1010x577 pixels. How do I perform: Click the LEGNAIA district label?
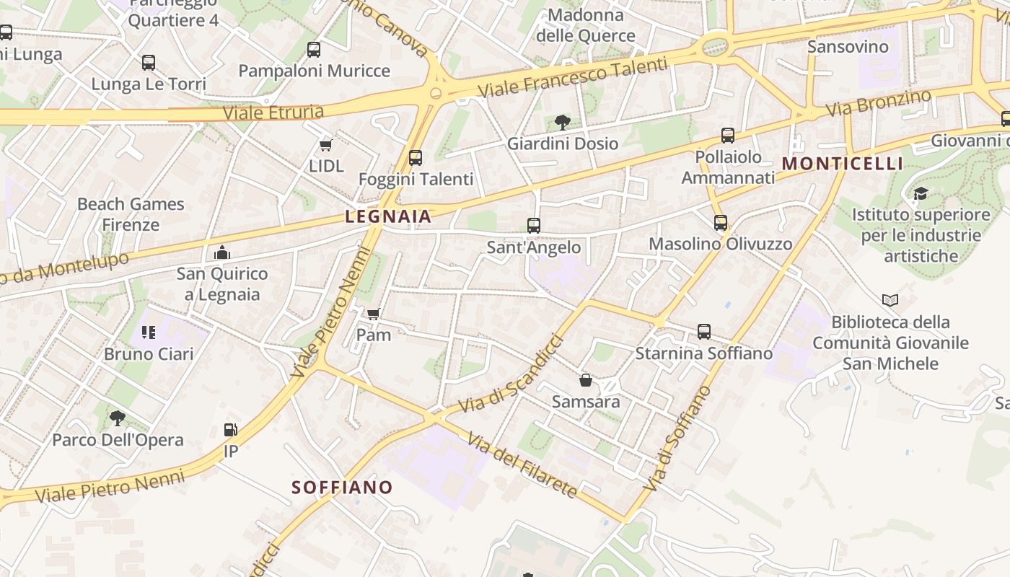coord(388,216)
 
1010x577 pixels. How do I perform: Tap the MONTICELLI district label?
coord(842,163)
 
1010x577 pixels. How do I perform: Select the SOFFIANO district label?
coord(342,487)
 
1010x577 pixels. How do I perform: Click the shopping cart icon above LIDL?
coord(325,145)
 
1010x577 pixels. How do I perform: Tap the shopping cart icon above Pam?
coord(373,314)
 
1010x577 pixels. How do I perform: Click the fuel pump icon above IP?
coord(231,430)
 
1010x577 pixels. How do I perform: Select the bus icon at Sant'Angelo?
coord(534,226)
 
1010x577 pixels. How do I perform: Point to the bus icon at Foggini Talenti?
coord(416,158)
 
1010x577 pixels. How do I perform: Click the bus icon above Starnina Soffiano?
coord(704,332)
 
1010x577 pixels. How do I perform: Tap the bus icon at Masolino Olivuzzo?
coord(720,223)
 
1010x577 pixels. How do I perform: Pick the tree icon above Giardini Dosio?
coord(563,122)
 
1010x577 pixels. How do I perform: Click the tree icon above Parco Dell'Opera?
coord(118,418)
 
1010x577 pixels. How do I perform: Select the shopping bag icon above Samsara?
coord(586,380)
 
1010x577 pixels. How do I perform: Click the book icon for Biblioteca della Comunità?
coord(890,300)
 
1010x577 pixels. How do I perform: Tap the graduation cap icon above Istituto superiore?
coord(920,193)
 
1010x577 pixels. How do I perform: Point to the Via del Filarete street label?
coord(522,465)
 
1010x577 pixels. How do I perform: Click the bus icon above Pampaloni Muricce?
coord(314,50)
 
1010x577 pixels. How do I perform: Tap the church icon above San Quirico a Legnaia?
coord(222,252)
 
